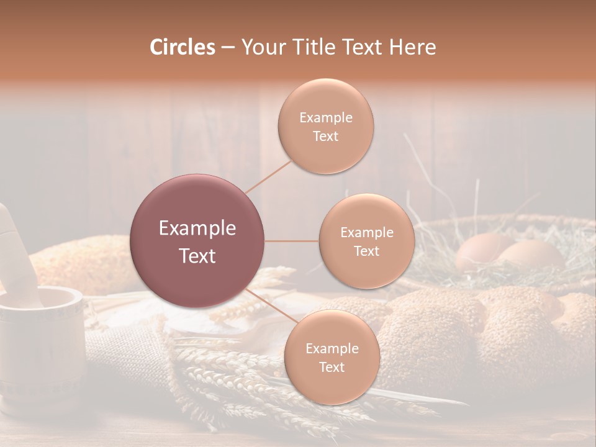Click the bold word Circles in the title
coord(182,47)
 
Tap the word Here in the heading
coord(412,47)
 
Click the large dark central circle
coord(197,241)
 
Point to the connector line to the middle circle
coord(292,241)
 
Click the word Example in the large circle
coord(197,228)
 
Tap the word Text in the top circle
coord(325,137)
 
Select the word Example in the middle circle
coord(366,233)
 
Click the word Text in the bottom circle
coord(332,368)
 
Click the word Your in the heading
coord(261,47)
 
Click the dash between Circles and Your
coord(227,47)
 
